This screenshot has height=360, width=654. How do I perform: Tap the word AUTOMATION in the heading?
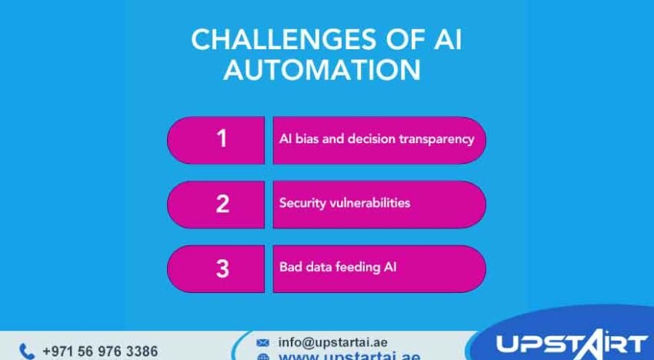[322, 70]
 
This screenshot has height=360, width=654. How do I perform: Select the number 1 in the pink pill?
[222, 138]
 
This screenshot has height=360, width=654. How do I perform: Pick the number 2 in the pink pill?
[222, 204]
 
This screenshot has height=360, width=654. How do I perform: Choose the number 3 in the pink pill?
[222, 268]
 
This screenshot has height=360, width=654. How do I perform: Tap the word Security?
[302, 203]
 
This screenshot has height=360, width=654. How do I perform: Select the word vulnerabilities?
[369, 203]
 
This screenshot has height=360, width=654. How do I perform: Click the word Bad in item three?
[290, 268]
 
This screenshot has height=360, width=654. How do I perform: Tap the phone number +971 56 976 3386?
[100, 352]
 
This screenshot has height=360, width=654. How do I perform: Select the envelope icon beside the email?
[262, 342]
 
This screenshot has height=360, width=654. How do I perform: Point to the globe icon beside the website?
[262, 357]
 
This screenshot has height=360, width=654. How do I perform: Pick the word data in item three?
[319, 268]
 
